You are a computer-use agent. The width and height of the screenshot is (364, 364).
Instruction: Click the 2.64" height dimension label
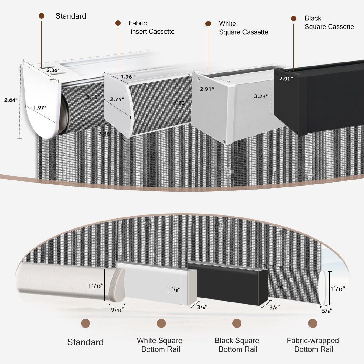click(x=11, y=100)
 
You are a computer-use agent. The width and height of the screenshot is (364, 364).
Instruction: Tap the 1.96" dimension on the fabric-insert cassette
click(x=127, y=77)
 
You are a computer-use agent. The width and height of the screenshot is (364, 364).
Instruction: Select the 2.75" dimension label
click(x=117, y=99)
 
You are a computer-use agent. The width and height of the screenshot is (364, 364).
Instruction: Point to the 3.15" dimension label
click(x=93, y=97)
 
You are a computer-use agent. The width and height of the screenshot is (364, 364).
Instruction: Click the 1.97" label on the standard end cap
click(x=40, y=108)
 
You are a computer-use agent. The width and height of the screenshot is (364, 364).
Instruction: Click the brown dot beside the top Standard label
click(x=42, y=16)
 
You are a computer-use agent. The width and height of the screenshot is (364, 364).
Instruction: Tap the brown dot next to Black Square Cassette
click(x=293, y=19)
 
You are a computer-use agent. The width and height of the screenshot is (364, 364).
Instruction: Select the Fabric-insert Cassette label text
click(x=151, y=27)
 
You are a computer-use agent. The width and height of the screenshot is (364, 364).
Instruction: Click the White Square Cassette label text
click(x=243, y=28)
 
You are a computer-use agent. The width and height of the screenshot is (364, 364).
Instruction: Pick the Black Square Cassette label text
click(x=329, y=22)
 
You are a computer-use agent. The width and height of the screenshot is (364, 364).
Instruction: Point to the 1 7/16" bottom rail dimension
click(x=96, y=285)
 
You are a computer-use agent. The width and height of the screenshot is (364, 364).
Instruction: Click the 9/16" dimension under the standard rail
click(x=117, y=310)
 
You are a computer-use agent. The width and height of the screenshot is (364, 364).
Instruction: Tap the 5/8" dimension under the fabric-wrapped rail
click(x=327, y=311)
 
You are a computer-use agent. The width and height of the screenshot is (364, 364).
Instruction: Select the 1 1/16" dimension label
click(x=338, y=288)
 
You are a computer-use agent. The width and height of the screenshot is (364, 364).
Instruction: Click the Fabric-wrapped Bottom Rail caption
click(x=313, y=345)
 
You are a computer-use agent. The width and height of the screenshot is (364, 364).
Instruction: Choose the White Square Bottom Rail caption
click(x=160, y=345)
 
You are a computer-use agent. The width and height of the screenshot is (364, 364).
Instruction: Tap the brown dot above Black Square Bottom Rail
click(x=237, y=323)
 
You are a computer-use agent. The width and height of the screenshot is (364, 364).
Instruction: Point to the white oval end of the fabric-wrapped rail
click(x=322, y=288)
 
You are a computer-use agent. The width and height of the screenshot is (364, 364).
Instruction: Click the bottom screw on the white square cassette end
click(x=224, y=141)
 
